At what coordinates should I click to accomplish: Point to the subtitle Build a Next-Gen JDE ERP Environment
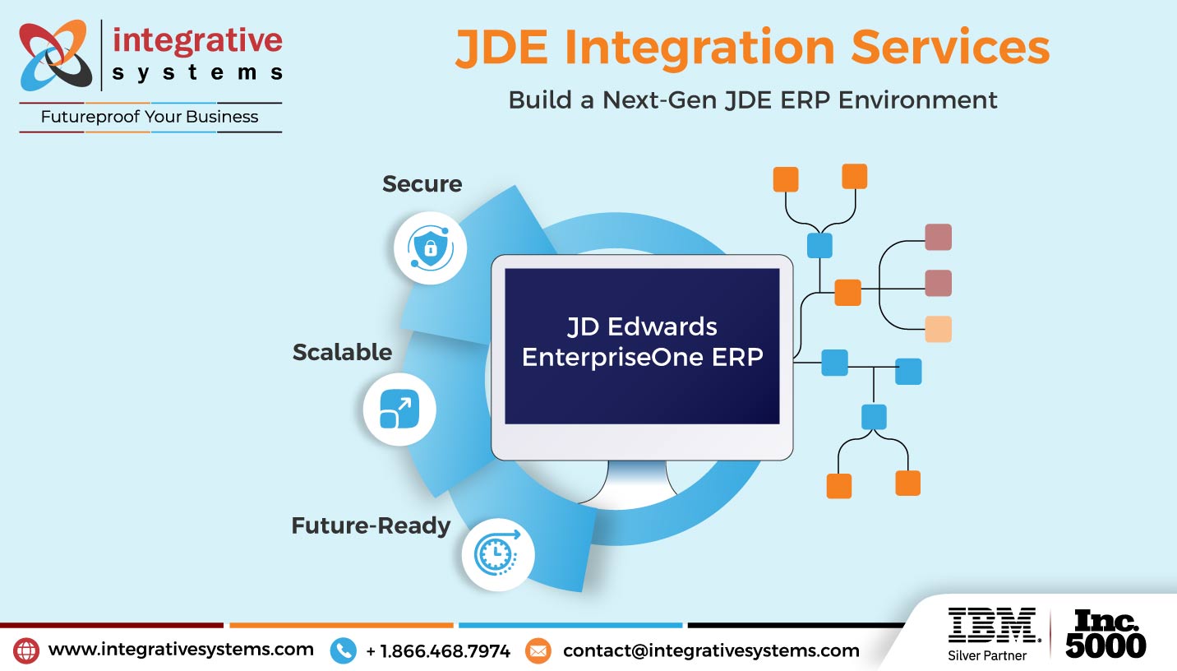(x=752, y=99)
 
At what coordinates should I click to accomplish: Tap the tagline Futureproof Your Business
(x=150, y=117)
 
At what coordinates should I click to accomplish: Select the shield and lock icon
(x=430, y=248)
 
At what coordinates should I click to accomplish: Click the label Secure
(x=422, y=183)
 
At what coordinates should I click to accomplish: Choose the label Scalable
(x=342, y=352)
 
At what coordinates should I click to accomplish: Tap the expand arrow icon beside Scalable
(x=399, y=409)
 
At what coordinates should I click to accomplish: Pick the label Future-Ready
(x=371, y=525)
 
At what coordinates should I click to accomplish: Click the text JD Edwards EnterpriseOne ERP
(x=642, y=342)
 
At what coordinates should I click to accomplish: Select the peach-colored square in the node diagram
(x=938, y=329)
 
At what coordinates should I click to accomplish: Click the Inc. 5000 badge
(x=1105, y=633)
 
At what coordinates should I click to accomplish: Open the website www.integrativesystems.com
(x=181, y=649)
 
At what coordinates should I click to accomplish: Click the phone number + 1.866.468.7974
(x=437, y=651)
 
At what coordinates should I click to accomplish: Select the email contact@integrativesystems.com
(x=711, y=650)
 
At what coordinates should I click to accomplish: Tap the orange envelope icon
(x=538, y=651)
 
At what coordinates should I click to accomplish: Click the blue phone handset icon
(x=343, y=651)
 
